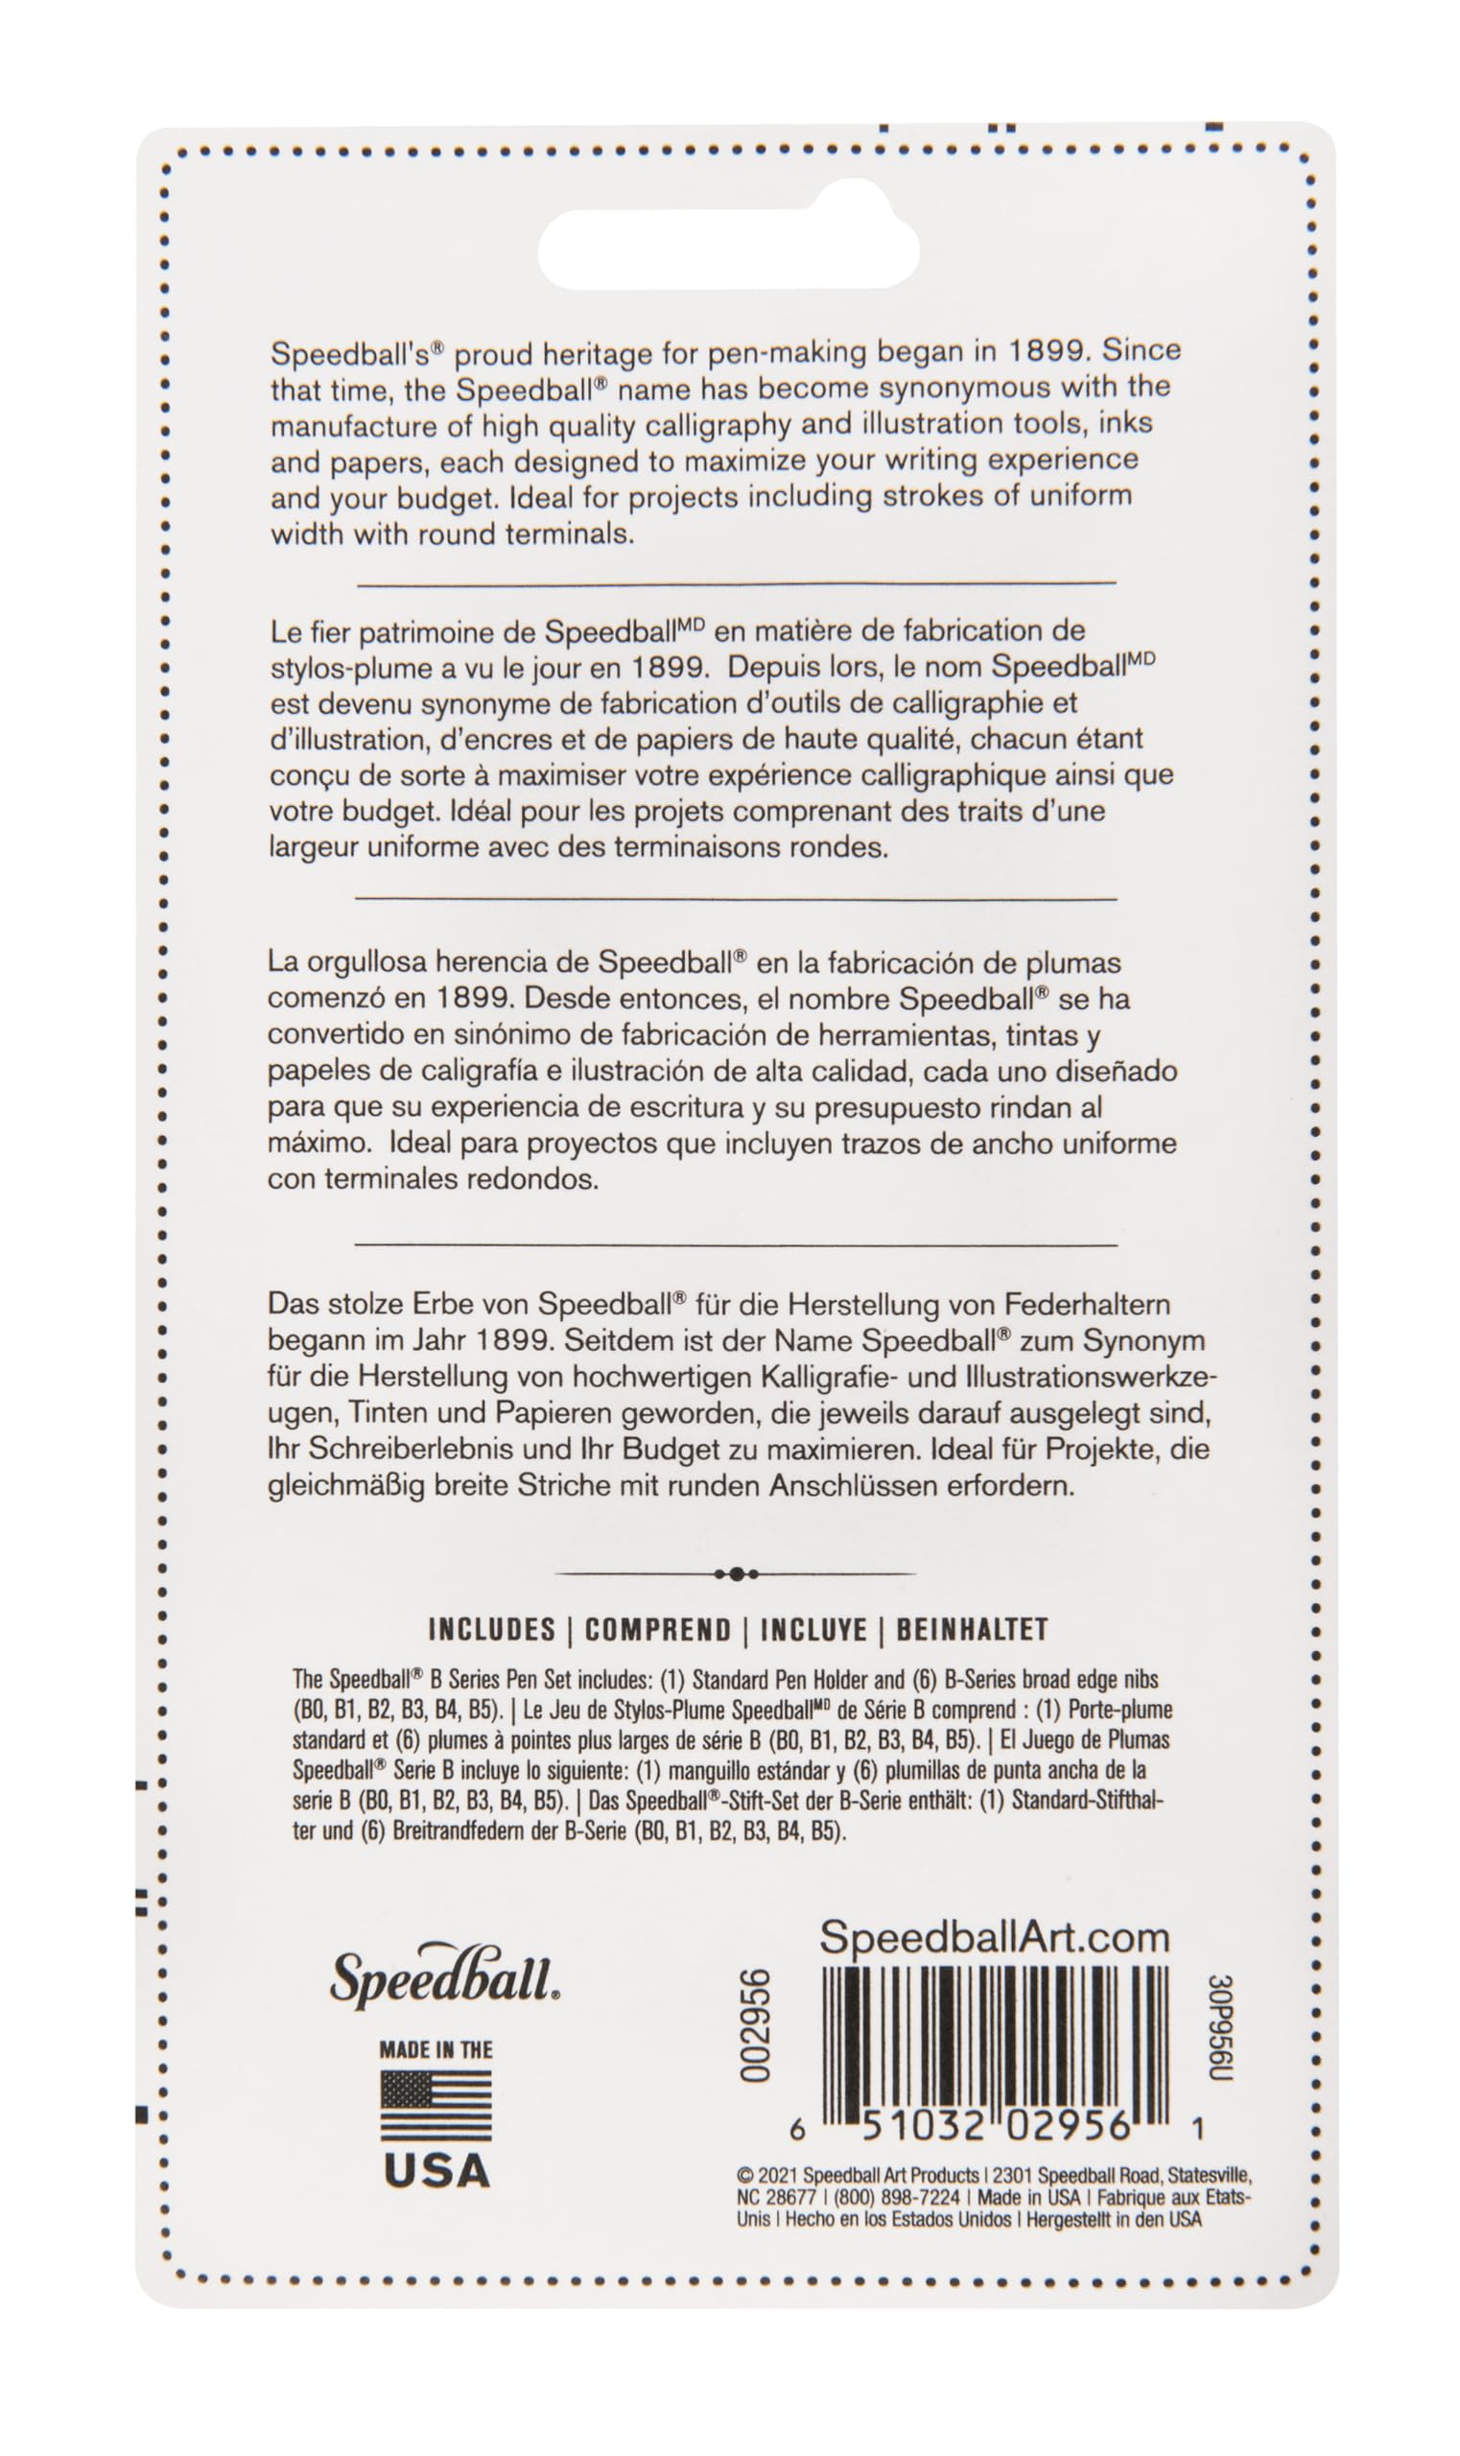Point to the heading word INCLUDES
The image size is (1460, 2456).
coord(492,1630)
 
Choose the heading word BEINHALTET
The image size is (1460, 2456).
coord(971,1630)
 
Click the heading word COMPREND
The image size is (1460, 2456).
coord(657,1630)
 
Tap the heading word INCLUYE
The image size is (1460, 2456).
coord(812,1630)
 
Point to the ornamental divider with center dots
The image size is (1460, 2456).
coord(736,1573)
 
